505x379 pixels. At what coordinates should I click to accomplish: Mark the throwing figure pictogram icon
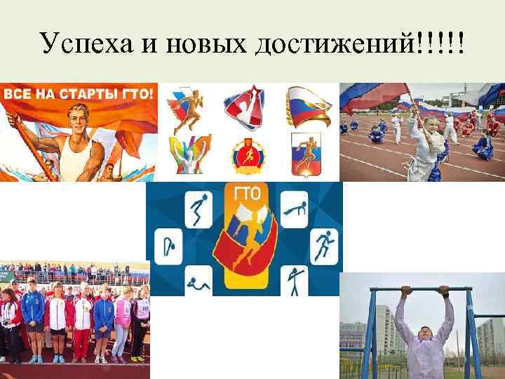(x=294, y=281)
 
